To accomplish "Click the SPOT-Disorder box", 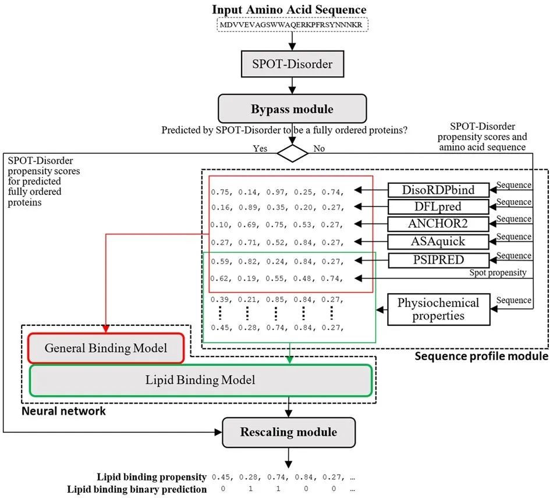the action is pyautogui.click(x=292, y=64).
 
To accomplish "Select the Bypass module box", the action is pyautogui.click(x=292, y=109).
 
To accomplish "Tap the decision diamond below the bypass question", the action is pyautogui.click(x=292, y=154).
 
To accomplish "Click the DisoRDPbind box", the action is pyautogui.click(x=438, y=190).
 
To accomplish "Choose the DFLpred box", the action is pyautogui.click(x=438, y=207).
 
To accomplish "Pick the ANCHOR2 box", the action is pyautogui.click(x=438, y=223).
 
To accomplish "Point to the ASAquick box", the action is pyautogui.click(x=438, y=241).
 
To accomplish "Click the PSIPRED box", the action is pyautogui.click(x=438, y=260).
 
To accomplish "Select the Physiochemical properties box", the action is pyautogui.click(x=439, y=309).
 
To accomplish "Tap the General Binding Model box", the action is pyautogui.click(x=106, y=348).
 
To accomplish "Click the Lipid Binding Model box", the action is pyautogui.click(x=200, y=380).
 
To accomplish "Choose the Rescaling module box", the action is pyautogui.click(x=289, y=432).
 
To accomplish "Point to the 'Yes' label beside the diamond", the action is pyautogui.click(x=260, y=148).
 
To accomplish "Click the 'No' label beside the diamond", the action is pyautogui.click(x=319, y=148).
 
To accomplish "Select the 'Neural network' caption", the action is pyautogui.click(x=63, y=411).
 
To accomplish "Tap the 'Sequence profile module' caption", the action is pyautogui.click(x=481, y=356).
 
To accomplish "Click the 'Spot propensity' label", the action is pyautogui.click(x=498, y=272).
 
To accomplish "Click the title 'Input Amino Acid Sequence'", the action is pyautogui.click(x=289, y=9).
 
